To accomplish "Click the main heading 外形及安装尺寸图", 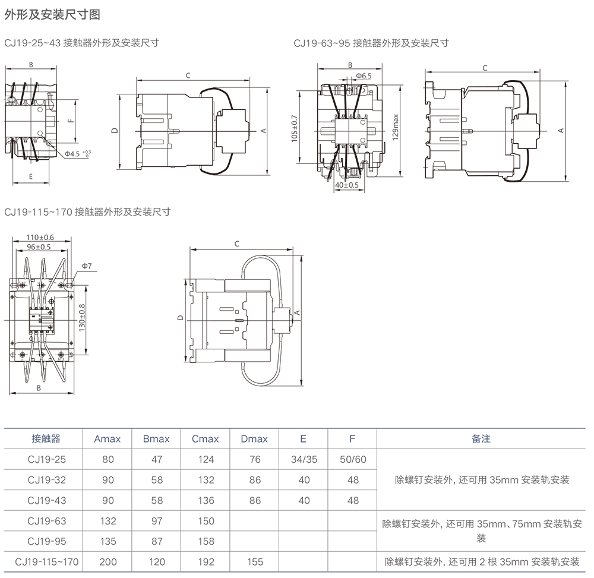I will coord(44,15).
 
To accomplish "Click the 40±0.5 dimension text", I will coord(347,185).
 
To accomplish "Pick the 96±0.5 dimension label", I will coord(38,247).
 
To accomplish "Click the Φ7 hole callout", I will coord(86,266).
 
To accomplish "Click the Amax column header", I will coord(108,439).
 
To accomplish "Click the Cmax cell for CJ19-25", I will coord(206,459).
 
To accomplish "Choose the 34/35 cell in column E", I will coord(304,459).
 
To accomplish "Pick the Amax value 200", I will coord(108,561).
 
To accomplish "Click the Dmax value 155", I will coord(254,561).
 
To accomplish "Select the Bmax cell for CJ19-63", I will coord(156,521).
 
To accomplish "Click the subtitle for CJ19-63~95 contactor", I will coord(371,43).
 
